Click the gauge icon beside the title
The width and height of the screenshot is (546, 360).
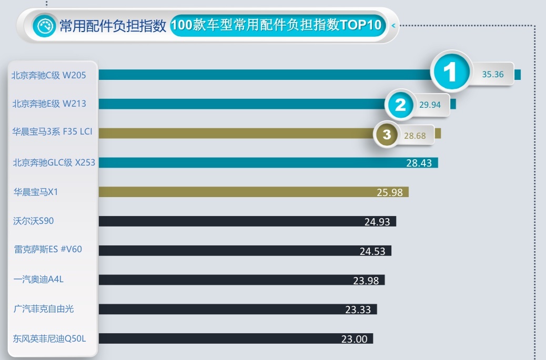pyautogui.click(x=44, y=25)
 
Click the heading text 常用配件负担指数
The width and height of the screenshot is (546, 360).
pyautogui.click(x=113, y=25)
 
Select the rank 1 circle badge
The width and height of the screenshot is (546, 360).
pyautogui.click(x=450, y=73)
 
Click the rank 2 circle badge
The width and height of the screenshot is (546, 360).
pyautogui.click(x=401, y=105)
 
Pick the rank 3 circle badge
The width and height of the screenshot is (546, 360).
pyautogui.click(x=387, y=135)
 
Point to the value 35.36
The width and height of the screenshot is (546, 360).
pyautogui.click(x=493, y=75)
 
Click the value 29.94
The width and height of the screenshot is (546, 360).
pyautogui.click(x=430, y=105)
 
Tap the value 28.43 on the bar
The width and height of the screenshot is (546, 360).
pyautogui.click(x=419, y=163)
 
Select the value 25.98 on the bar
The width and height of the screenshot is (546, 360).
pyautogui.click(x=390, y=192)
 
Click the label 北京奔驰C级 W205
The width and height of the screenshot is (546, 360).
pyautogui.click(x=49, y=75)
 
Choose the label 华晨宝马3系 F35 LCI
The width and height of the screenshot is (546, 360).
pyautogui.click(x=53, y=132)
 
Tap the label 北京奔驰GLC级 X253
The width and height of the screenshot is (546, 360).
pyautogui.click(x=54, y=162)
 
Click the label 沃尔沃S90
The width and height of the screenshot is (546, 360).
pyautogui.click(x=34, y=221)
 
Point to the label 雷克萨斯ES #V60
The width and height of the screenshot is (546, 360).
pyautogui.click(x=48, y=249)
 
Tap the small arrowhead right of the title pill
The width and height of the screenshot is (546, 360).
pyautogui.click(x=393, y=25)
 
